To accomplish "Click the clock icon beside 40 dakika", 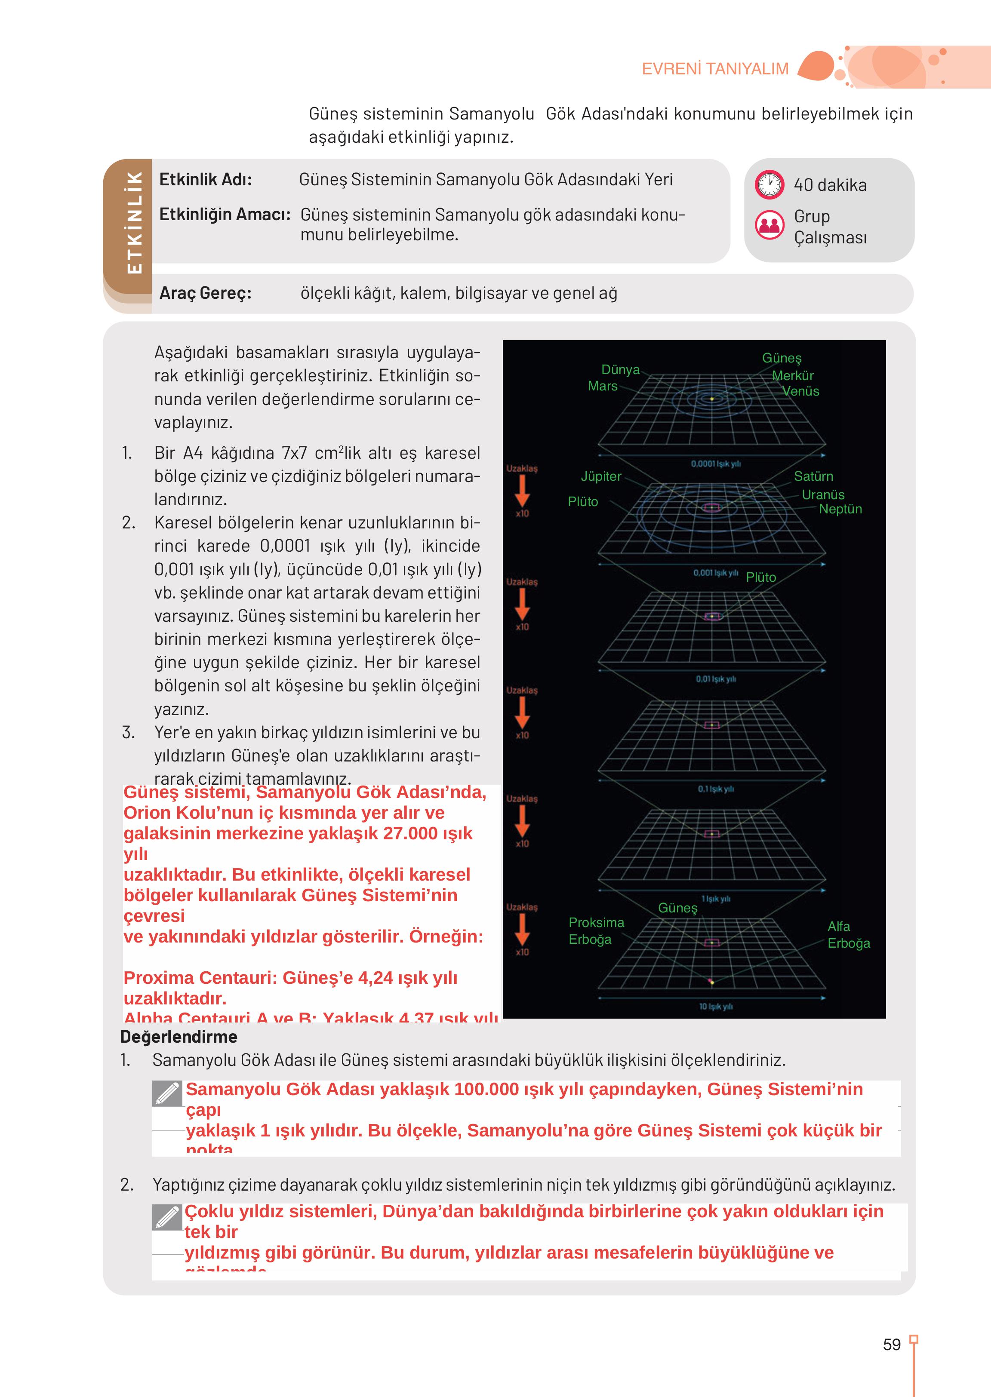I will click(769, 184).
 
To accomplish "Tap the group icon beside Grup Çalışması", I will click(769, 225).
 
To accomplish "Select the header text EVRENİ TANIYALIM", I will click(715, 69).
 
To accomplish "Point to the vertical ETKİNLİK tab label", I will click(134, 223).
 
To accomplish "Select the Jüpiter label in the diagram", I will click(600, 476).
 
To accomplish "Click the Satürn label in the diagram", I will click(813, 476).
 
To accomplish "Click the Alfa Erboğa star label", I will click(848, 935).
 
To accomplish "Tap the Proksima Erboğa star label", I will click(596, 931).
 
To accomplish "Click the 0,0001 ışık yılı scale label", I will click(715, 464).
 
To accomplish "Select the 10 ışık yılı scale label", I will click(715, 1007).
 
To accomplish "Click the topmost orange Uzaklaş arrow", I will click(522, 491).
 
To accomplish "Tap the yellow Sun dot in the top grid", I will click(711, 399).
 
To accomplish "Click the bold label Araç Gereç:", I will click(205, 293).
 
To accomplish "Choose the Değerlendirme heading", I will click(179, 1037).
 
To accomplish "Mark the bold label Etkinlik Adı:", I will click(205, 179).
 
